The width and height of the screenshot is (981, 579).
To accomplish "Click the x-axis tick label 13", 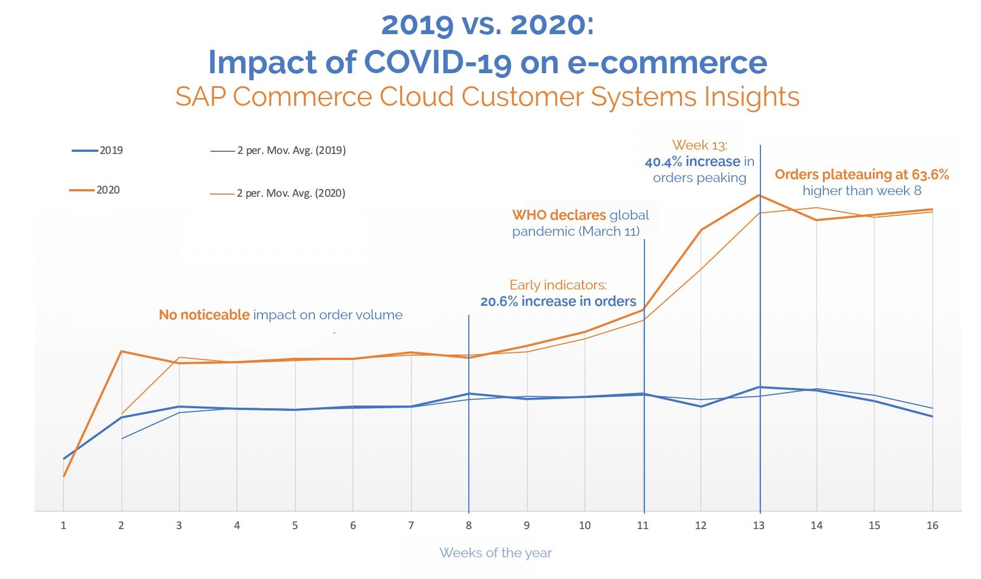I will click(758, 525).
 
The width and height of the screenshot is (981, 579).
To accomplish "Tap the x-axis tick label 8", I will click(469, 525).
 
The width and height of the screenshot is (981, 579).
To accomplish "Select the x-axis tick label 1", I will click(63, 525).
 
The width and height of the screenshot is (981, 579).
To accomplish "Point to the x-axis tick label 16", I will click(932, 525).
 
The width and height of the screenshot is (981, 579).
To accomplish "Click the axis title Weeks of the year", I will click(495, 553).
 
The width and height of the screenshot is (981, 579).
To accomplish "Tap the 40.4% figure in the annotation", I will click(663, 162).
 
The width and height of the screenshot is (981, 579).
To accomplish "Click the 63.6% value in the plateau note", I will click(930, 175).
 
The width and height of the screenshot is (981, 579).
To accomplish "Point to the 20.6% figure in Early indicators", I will click(499, 301).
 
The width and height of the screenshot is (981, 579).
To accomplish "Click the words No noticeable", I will click(204, 315).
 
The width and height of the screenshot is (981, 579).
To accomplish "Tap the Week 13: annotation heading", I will click(700, 145).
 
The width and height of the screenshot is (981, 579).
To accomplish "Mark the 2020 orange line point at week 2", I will click(121, 351).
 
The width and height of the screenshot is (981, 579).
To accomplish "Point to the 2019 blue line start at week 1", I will click(64, 459).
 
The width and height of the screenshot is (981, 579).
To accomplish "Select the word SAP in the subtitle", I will click(200, 97).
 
